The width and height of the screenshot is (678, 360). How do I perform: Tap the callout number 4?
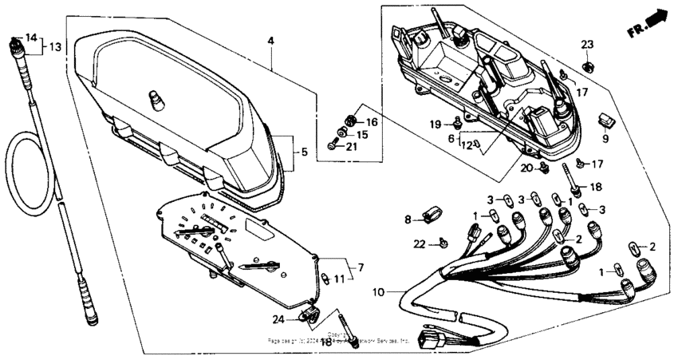pyautogui.click(x=271, y=40)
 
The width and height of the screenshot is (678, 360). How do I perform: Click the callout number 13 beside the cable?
pyautogui.click(x=54, y=47)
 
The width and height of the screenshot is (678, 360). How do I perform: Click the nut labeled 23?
pyautogui.click(x=587, y=65)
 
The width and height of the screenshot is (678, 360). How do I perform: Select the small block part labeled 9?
pyautogui.click(x=607, y=120)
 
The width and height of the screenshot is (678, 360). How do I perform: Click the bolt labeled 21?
pyautogui.click(x=333, y=146)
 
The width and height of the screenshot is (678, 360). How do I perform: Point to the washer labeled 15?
pyautogui.click(x=343, y=134)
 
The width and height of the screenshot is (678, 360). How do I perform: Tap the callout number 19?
pyautogui.click(x=436, y=124)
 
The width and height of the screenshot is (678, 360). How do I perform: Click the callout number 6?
pyautogui.click(x=451, y=138)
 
